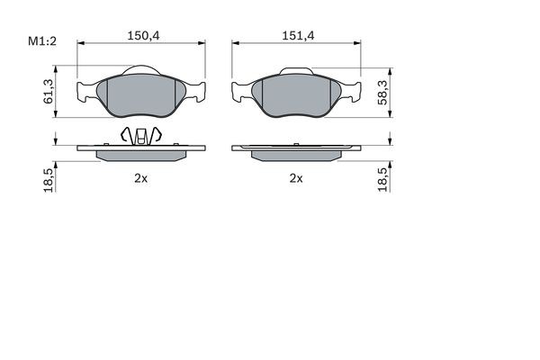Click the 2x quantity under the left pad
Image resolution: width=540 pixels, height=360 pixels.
click(x=139, y=178)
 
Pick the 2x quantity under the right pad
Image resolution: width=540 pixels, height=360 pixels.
click(x=295, y=178)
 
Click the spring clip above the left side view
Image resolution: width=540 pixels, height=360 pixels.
click(x=140, y=135)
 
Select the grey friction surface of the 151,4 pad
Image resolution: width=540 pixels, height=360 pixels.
click(x=296, y=95)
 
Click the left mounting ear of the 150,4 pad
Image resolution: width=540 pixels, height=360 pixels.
click(x=87, y=90)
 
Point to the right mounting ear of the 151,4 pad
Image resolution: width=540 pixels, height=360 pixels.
click(x=350, y=91)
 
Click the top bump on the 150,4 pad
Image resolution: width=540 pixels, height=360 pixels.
click(x=141, y=70)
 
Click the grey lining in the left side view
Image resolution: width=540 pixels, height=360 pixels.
click(x=141, y=155)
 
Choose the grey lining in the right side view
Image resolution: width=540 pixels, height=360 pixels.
click(x=296, y=155)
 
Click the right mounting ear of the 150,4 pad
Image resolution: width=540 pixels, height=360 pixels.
click(x=195, y=90)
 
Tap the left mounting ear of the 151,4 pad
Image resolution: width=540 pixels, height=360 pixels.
click(x=242, y=91)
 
